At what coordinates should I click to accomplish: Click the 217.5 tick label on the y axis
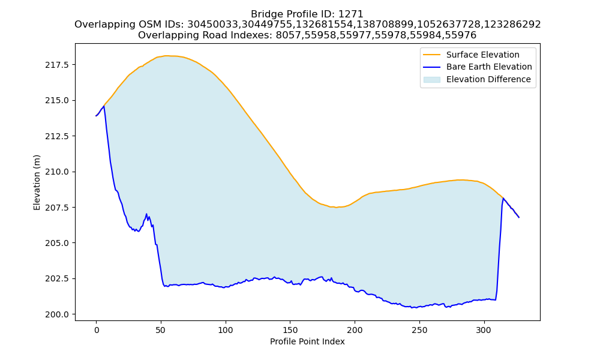56,65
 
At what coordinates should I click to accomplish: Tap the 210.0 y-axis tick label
56,172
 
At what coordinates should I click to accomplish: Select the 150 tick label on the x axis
290,330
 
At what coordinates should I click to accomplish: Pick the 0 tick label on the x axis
96,330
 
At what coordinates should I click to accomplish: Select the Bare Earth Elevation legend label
489,67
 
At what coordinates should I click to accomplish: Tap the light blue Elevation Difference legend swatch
431,80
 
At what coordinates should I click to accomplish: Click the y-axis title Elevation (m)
37,182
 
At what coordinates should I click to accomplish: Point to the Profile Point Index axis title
307,341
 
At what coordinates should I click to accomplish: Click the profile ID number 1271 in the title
351,14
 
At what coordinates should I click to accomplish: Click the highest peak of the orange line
166,55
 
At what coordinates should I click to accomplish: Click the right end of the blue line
519,217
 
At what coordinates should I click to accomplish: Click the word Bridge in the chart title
265,14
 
